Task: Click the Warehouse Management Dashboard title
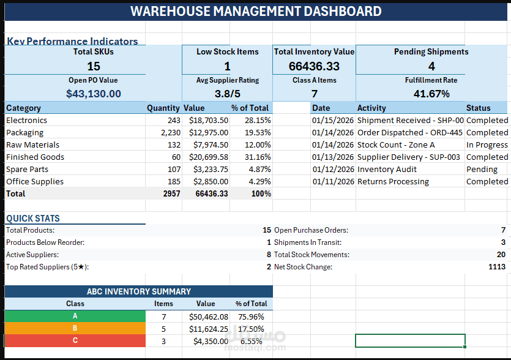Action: [x=256, y=11]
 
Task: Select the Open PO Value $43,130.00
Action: [x=94, y=94]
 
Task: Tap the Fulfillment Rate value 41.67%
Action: [x=431, y=94]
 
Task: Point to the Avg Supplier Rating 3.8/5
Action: [x=227, y=94]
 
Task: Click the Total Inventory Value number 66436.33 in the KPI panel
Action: [x=314, y=66]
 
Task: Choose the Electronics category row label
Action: [x=26, y=121]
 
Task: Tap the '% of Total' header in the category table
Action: [x=250, y=108]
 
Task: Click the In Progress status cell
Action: [x=487, y=145]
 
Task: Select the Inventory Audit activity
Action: [x=387, y=170]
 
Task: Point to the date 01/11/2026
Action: [x=332, y=182]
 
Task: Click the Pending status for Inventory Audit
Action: [x=482, y=170]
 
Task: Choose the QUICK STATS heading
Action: [x=33, y=219]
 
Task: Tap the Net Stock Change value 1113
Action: [x=497, y=267]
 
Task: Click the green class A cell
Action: [x=75, y=317]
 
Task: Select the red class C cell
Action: [x=75, y=341]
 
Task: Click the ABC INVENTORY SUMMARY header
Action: [x=139, y=291]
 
